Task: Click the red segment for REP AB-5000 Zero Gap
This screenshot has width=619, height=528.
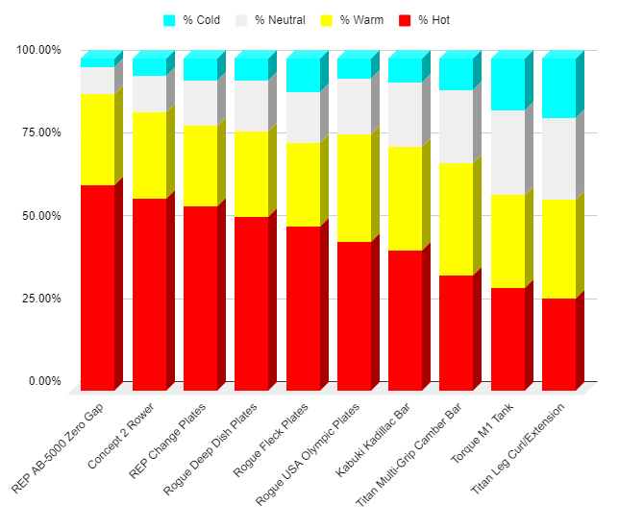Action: pyautogui.click(x=97, y=288)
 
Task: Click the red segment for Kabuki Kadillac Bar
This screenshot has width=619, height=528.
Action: pyautogui.click(x=405, y=320)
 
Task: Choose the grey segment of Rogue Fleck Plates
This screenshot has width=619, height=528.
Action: pyautogui.click(x=303, y=117)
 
